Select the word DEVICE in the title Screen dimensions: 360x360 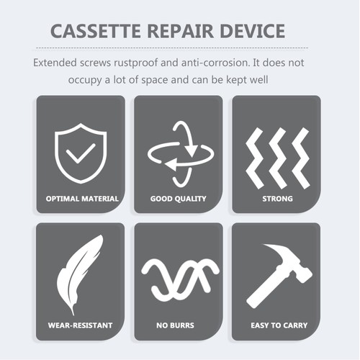click(264, 32)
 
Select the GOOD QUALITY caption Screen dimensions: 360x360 click(179, 198)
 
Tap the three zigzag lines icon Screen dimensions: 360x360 click(276, 153)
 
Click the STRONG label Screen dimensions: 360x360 click(276, 198)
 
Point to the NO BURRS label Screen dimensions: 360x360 click(179, 325)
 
